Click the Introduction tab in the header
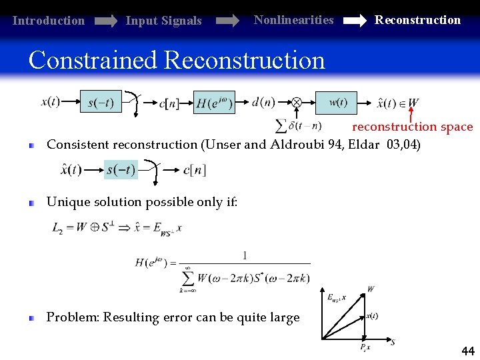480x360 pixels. [x=49, y=21]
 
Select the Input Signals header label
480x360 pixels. [x=163, y=21]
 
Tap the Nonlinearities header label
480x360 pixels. [x=293, y=20]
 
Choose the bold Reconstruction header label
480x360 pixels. [x=417, y=20]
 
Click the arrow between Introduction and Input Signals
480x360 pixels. [x=105, y=21]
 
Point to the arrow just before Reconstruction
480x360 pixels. [x=353, y=21]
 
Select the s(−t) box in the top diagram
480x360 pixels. [x=101, y=103]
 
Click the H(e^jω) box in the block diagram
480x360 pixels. [x=214, y=103]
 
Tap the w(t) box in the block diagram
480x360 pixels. [x=336, y=103]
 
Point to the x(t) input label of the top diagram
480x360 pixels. [x=51, y=102]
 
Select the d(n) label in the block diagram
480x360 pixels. [x=263, y=102]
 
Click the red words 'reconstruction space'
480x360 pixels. [x=412, y=127]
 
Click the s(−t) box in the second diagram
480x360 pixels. [x=121, y=169]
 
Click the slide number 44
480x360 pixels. [x=468, y=351]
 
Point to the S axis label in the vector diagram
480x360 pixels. [x=393, y=342]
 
